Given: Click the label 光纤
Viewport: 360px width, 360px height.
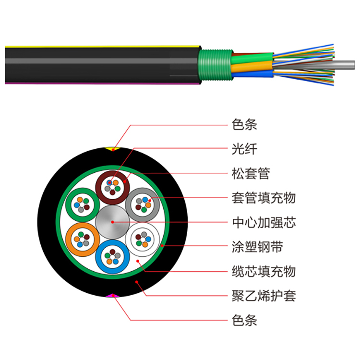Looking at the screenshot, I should (244, 149).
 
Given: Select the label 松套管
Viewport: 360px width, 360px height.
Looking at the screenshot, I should (251, 173).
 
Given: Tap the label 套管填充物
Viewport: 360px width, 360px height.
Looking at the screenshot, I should (263, 198).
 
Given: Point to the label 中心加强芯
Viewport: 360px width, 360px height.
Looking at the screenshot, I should (263, 222).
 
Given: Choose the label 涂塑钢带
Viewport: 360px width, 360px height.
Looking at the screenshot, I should (257, 247).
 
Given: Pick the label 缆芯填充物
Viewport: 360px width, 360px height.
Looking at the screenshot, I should (263, 271).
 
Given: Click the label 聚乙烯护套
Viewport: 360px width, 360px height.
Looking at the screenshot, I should (263, 296).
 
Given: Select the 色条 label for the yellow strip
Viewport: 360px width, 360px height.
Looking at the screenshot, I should (244, 124).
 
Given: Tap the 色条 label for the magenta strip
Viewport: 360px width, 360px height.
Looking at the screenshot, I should (244, 320).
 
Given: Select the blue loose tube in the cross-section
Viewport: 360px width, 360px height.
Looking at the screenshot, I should (112, 257).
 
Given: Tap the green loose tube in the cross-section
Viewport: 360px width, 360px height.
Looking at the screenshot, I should (82, 204).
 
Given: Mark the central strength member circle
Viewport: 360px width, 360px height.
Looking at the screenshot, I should (112, 222).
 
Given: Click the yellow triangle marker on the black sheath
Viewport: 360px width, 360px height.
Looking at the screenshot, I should (113, 149).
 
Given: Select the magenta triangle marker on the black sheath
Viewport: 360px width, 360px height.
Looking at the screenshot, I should (113, 296).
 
